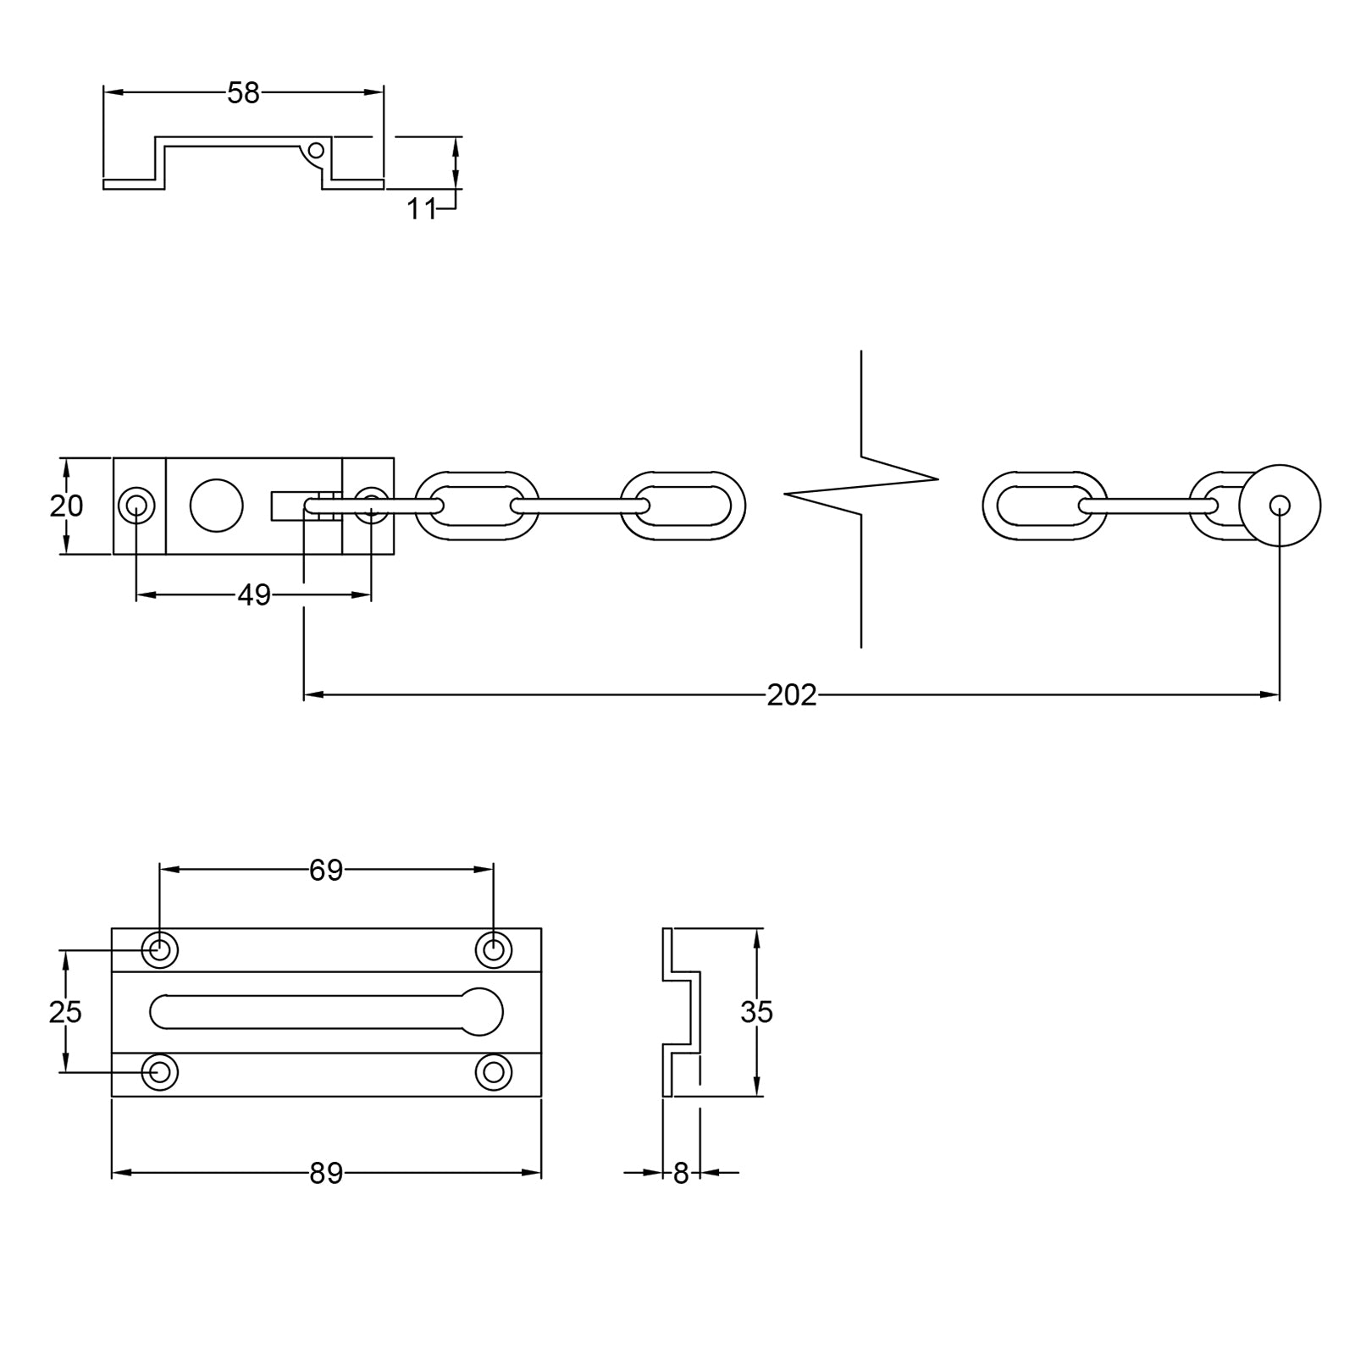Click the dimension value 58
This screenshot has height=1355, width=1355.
[x=243, y=93]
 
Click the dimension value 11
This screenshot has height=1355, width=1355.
[x=421, y=208]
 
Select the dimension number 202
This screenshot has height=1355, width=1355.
[x=791, y=694]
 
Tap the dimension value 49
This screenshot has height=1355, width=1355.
[x=253, y=595]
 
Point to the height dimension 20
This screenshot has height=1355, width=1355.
[x=66, y=506]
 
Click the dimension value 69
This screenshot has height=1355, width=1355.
[x=325, y=870]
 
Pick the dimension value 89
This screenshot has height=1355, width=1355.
[x=325, y=1173]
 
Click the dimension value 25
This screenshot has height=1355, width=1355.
[x=66, y=1011]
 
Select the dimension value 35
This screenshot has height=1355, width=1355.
[x=756, y=1011]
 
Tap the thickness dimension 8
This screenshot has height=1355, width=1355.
[x=681, y=1174]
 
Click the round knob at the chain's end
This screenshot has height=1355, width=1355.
[x=1280, y=506]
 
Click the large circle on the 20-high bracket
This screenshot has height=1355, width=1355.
[x=216, y=506]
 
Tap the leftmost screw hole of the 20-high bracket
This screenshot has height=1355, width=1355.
[x=136, y=506]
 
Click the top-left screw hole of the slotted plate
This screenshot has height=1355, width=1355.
[x=159, y=950]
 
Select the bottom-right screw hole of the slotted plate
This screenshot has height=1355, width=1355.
[x=493, y=1072]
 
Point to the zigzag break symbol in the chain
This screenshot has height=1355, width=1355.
[x=861, y=491]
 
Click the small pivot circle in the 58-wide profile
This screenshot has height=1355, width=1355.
[x=316, y=151]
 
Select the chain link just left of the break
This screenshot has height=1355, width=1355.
[x=683, y=506]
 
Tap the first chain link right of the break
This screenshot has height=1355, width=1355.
[x=1044, y=506]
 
